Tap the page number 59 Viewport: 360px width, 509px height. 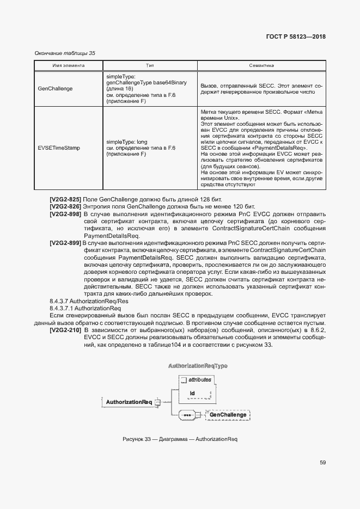point(322,463)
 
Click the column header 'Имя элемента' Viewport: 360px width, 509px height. point(68,65)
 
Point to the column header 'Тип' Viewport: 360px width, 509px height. point(150,65)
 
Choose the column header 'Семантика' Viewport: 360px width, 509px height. point(261,65)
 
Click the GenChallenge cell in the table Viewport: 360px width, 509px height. point(56,88)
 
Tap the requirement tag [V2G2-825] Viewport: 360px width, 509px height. point(65,200)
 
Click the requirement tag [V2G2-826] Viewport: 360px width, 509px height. point(65,207)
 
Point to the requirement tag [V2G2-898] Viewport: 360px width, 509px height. point(65,214)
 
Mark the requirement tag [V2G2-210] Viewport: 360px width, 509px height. point(65,330)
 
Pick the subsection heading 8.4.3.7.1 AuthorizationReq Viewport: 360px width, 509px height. point(85,308)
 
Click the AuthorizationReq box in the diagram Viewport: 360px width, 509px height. point(129,402)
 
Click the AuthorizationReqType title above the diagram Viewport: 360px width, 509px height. point(198,366)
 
